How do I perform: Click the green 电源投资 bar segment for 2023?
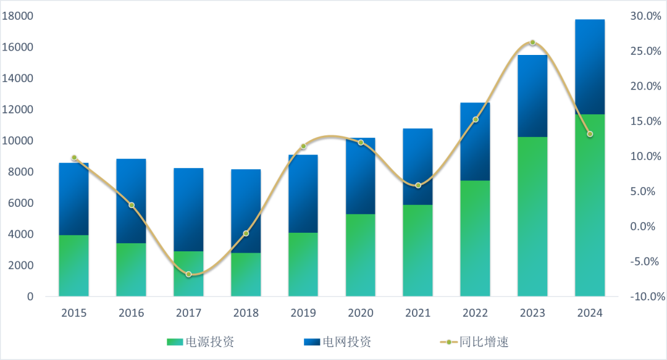532,216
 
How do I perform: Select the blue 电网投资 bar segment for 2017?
188,209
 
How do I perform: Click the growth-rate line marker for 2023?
532,43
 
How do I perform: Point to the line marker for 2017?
188,274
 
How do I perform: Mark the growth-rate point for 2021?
418,185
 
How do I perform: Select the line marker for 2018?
246,233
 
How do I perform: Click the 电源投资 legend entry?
201,341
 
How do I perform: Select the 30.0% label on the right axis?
645,16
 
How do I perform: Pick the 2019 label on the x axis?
303,313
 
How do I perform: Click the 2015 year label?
73,313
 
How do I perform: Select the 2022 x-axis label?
476,313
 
